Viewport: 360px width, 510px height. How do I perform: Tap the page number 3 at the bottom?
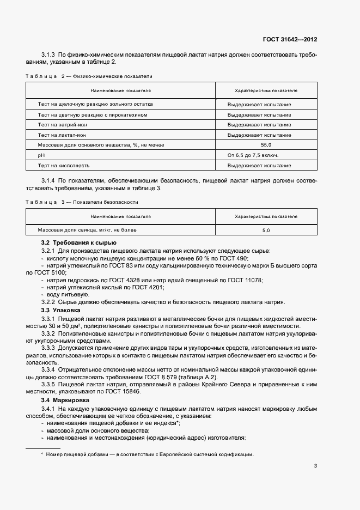point(315,465)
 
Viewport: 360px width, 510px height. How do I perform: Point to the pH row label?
point(41,155)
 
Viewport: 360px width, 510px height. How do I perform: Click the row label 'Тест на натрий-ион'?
point(63,124)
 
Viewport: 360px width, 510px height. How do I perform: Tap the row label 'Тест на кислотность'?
point(64,166)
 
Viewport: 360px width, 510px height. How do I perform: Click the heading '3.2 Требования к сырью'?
point(79,242)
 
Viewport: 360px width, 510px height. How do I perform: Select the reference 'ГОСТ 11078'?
point(246,280)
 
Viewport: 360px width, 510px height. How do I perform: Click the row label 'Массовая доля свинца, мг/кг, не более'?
point(87,230)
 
